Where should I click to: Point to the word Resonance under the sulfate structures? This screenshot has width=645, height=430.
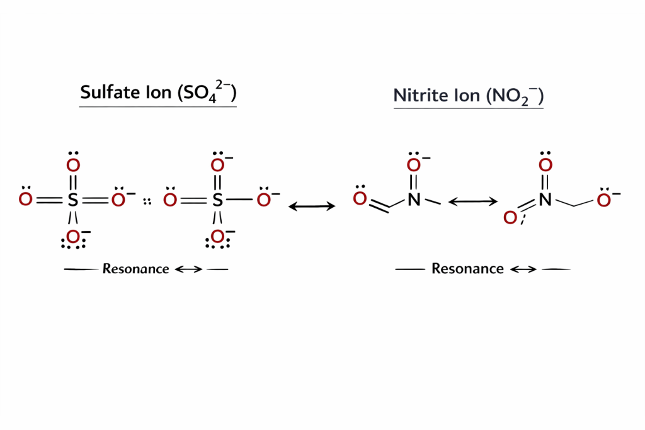click(x=135, y=269)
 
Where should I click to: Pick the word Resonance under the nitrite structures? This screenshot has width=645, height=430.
click(x=467, y=269)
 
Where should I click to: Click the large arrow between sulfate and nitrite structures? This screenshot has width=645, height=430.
click(x=312, y=206)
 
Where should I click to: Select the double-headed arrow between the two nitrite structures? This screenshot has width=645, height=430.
click(x=472, y=201)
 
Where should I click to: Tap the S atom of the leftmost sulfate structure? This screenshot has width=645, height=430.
click(x=73, y=200)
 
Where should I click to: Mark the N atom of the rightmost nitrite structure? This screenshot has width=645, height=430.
click(x=545, y=200)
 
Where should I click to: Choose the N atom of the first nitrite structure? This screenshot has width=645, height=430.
click(x=413, y=200)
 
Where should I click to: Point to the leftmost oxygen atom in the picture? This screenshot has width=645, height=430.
click(x=25, y=200)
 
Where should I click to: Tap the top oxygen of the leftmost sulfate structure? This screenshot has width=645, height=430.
click(x=73, y=166)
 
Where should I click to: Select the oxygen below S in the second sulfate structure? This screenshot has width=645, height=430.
click(x=218, y=237)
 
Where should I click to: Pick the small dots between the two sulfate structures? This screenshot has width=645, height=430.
click(x=148, y=201)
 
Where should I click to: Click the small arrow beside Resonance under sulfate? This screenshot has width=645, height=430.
click(x=188, y=269)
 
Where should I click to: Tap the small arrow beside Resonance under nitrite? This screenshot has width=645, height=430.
click(x=523, y=269)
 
